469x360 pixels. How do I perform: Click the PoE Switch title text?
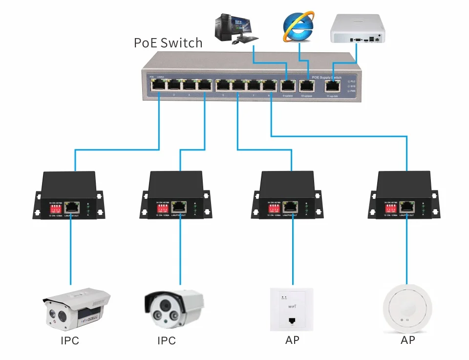pyautogui.click(x=168, y=43)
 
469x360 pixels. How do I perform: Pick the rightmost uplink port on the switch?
pyautogui.click(x=334, y=85)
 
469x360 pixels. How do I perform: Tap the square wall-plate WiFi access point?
pyautogui.click(x=292, y=309)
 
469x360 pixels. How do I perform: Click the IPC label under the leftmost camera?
pyautogui.click(x=70, y=340)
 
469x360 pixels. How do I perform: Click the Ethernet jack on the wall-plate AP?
pyautogui.click(x=292, y=321)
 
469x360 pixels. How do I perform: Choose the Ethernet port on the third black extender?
pyautogui.click(x=292, y=206)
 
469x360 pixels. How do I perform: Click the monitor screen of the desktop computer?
pyautogui.click(x=242, y=23)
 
